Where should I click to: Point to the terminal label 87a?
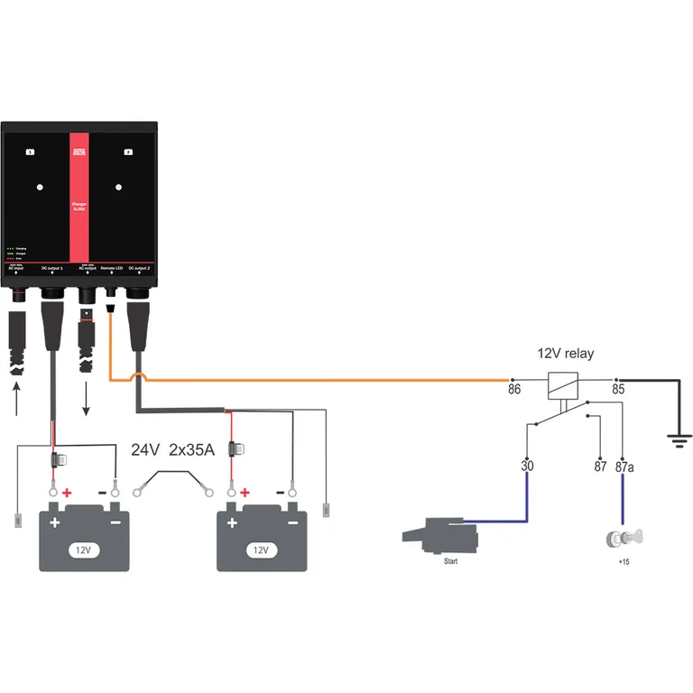point(624,467)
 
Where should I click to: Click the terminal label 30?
point(527,467)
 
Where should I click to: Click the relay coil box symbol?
point(565,384)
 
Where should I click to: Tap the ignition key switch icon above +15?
point(623,540)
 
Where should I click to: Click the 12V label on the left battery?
point(83,548)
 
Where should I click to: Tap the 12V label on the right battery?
point(261,548)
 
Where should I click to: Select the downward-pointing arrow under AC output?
point(88,397)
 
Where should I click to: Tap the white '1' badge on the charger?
point(31,152)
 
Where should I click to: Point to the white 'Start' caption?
point(451,560)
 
